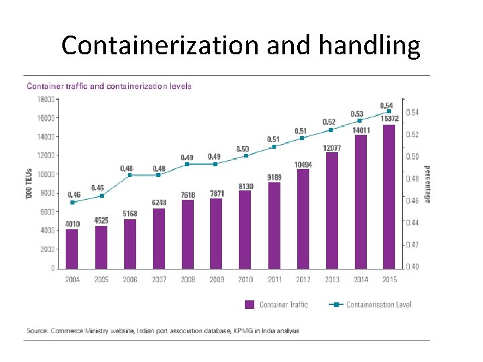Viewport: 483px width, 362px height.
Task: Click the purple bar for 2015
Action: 388,196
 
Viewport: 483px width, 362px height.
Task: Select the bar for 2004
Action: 72,248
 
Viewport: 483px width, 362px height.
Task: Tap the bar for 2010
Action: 245,229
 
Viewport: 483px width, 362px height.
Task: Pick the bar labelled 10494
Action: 303,218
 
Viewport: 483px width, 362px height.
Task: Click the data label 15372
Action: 390,119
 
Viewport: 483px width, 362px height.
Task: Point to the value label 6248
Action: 159,202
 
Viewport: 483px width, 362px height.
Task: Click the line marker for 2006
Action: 130,175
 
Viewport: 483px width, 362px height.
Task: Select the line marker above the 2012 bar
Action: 303,138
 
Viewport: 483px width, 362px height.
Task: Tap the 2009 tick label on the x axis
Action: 217,280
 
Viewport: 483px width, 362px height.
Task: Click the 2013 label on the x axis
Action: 331,280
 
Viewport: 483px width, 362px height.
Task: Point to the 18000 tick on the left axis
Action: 45,99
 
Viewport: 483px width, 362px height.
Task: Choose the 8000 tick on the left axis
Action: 48,193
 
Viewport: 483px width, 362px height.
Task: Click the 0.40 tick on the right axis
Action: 413,267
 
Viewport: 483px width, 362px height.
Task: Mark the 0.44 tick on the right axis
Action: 413,223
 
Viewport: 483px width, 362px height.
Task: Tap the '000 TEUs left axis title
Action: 29,184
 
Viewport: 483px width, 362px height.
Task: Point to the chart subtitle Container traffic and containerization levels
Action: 109,86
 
